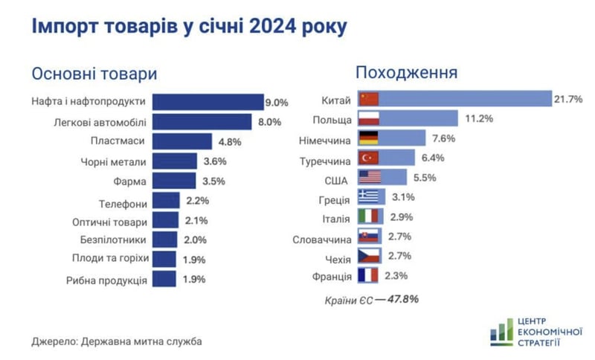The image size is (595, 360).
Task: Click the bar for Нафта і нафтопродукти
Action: (x=208, y=101)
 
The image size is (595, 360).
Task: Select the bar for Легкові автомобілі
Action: (x=205, y=121)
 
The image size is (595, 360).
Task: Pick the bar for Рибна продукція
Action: (x=165, y=280)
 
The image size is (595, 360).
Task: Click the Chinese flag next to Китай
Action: (x=369, y=99)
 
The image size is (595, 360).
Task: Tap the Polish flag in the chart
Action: (x=369, y=118)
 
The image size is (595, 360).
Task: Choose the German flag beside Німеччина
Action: (x=369, y=138)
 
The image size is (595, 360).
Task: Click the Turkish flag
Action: (x=369, y=157)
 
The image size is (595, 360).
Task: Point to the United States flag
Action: (x=369, y=177)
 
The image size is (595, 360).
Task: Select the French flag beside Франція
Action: (x=369, y=276)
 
